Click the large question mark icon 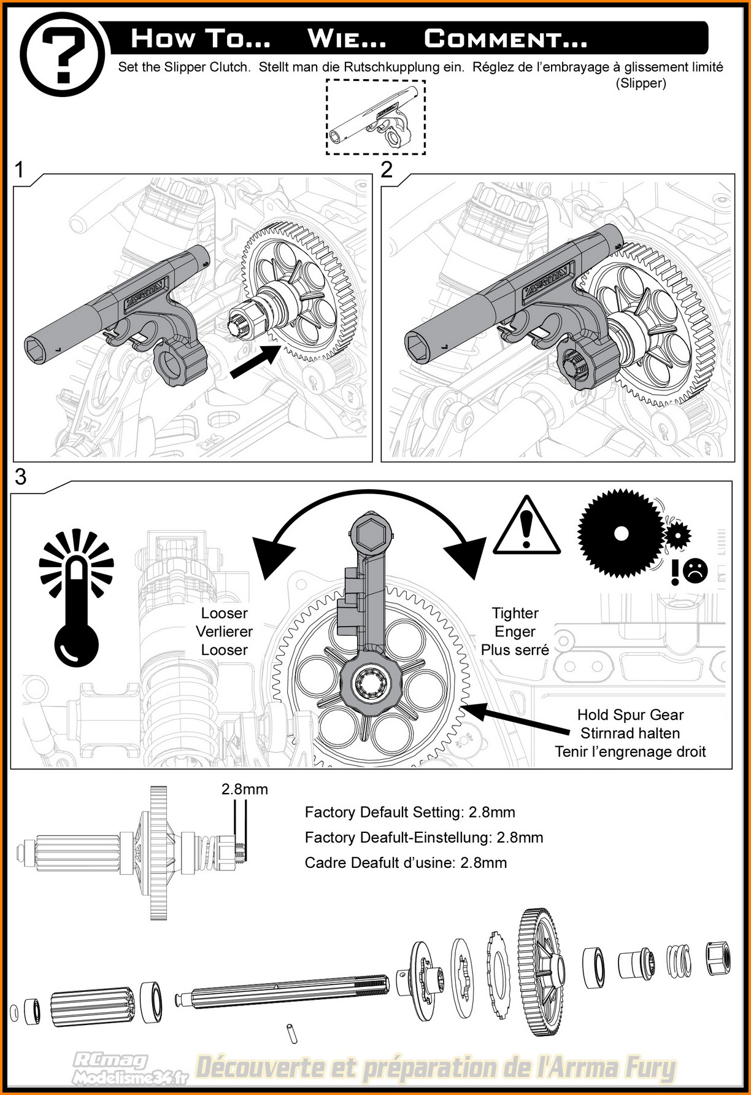(x=62, y=55)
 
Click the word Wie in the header (x=347, y=39)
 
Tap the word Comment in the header (x=506, y=39)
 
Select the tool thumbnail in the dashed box (x=375, y=117)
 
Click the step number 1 (x=20, y=169)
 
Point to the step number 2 (x=387, y=169)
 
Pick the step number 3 (x=21, y=477)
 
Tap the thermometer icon (x=77, y=598)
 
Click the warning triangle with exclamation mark (x=526, y=527)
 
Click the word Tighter (x=515, y=613)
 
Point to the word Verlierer (x=225, y=632)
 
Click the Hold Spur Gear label (x=630, y=715)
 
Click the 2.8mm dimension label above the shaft (x=245, y=789)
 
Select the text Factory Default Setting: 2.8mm (x=410, y=813)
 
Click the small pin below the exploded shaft (x=291, y=1033)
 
